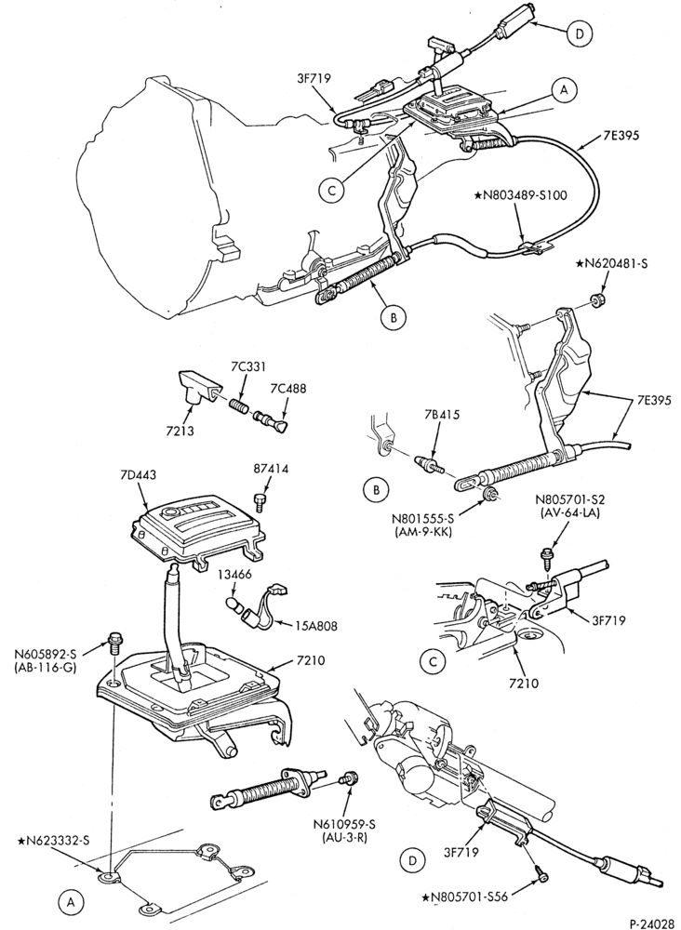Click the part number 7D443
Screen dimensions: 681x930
[x=137, y=475]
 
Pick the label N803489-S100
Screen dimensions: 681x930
[x=521, y=195]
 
